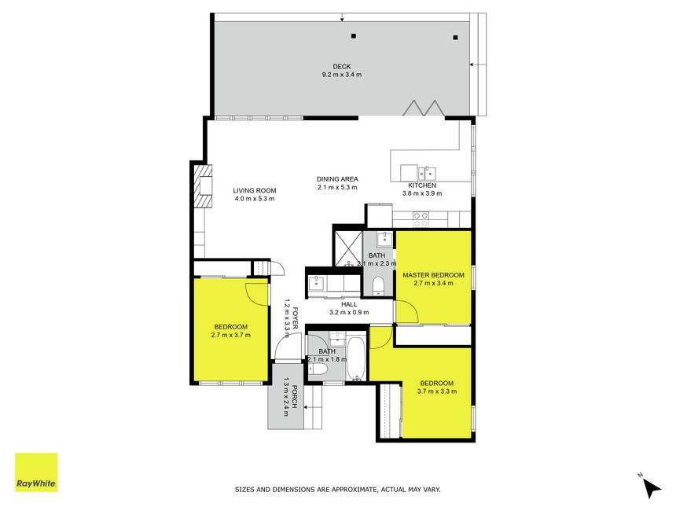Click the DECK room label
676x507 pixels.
click(341, 66)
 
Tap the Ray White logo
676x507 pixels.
click(36, 472)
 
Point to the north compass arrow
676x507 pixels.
click(652, 487)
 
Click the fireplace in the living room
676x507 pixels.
click(203, 186)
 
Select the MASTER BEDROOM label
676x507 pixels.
click(433, 275)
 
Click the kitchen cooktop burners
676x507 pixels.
click(421, 219)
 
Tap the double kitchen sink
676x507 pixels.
click(426, 173)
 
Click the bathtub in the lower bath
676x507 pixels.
click(357, 358)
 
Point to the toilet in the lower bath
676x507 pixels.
click(318, 369)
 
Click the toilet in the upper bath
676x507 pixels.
click(378, 285)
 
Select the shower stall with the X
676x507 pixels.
click(347, 248)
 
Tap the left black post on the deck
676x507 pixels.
click(354, 36)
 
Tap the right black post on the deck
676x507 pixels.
click(455, 38)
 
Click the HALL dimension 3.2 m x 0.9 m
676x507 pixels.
click(349, 313)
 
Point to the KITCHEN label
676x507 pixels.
click(422, 186)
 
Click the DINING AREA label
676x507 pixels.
click(337, 179)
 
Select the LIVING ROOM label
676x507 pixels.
click(255, 190)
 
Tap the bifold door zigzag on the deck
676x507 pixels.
click(424, 108)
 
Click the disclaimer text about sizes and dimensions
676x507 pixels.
click(337, 490)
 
